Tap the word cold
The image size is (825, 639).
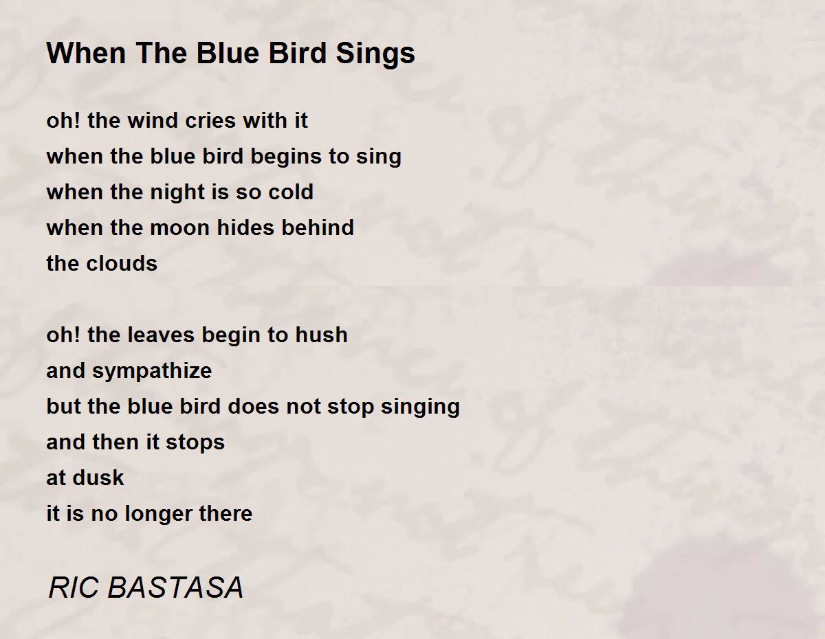pyautogui.click(x=291, y=192)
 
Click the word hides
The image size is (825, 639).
pyautogui.click(x=255, y=227)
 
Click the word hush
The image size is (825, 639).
pyautogui.click(x=321, y=335)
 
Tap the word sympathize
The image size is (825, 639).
pyautogui.click(x=152, y=372)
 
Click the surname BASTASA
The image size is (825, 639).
pyautogui.click(x=176, y=587)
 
